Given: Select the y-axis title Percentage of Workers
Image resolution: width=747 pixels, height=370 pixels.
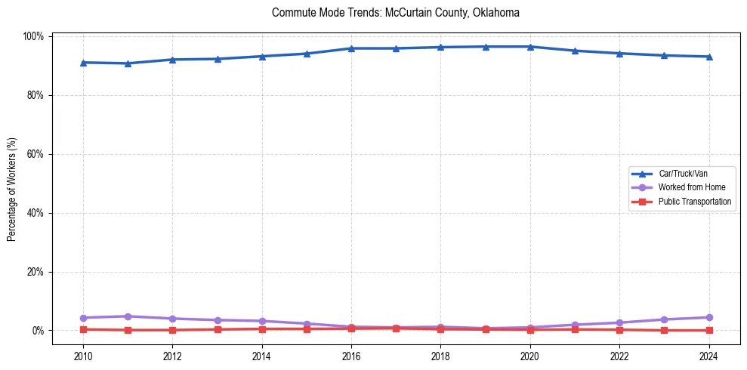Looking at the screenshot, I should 12,183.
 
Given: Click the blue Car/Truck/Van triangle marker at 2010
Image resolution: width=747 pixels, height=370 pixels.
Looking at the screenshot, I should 83,63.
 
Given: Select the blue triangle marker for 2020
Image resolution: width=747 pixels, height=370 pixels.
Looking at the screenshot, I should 530,47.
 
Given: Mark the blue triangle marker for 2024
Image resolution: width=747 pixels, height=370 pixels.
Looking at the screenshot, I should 708,57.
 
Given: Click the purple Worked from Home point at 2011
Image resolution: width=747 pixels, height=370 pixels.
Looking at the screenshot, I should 128,316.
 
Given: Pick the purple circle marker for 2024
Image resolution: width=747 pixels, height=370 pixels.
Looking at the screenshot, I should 708,317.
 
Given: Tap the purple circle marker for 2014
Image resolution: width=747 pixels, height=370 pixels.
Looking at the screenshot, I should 262,321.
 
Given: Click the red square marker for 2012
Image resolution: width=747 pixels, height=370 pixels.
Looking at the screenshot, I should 172,330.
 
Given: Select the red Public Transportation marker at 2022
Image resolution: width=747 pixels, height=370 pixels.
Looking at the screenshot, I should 619,329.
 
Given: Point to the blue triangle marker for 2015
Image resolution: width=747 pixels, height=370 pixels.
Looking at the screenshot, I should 307,54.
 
